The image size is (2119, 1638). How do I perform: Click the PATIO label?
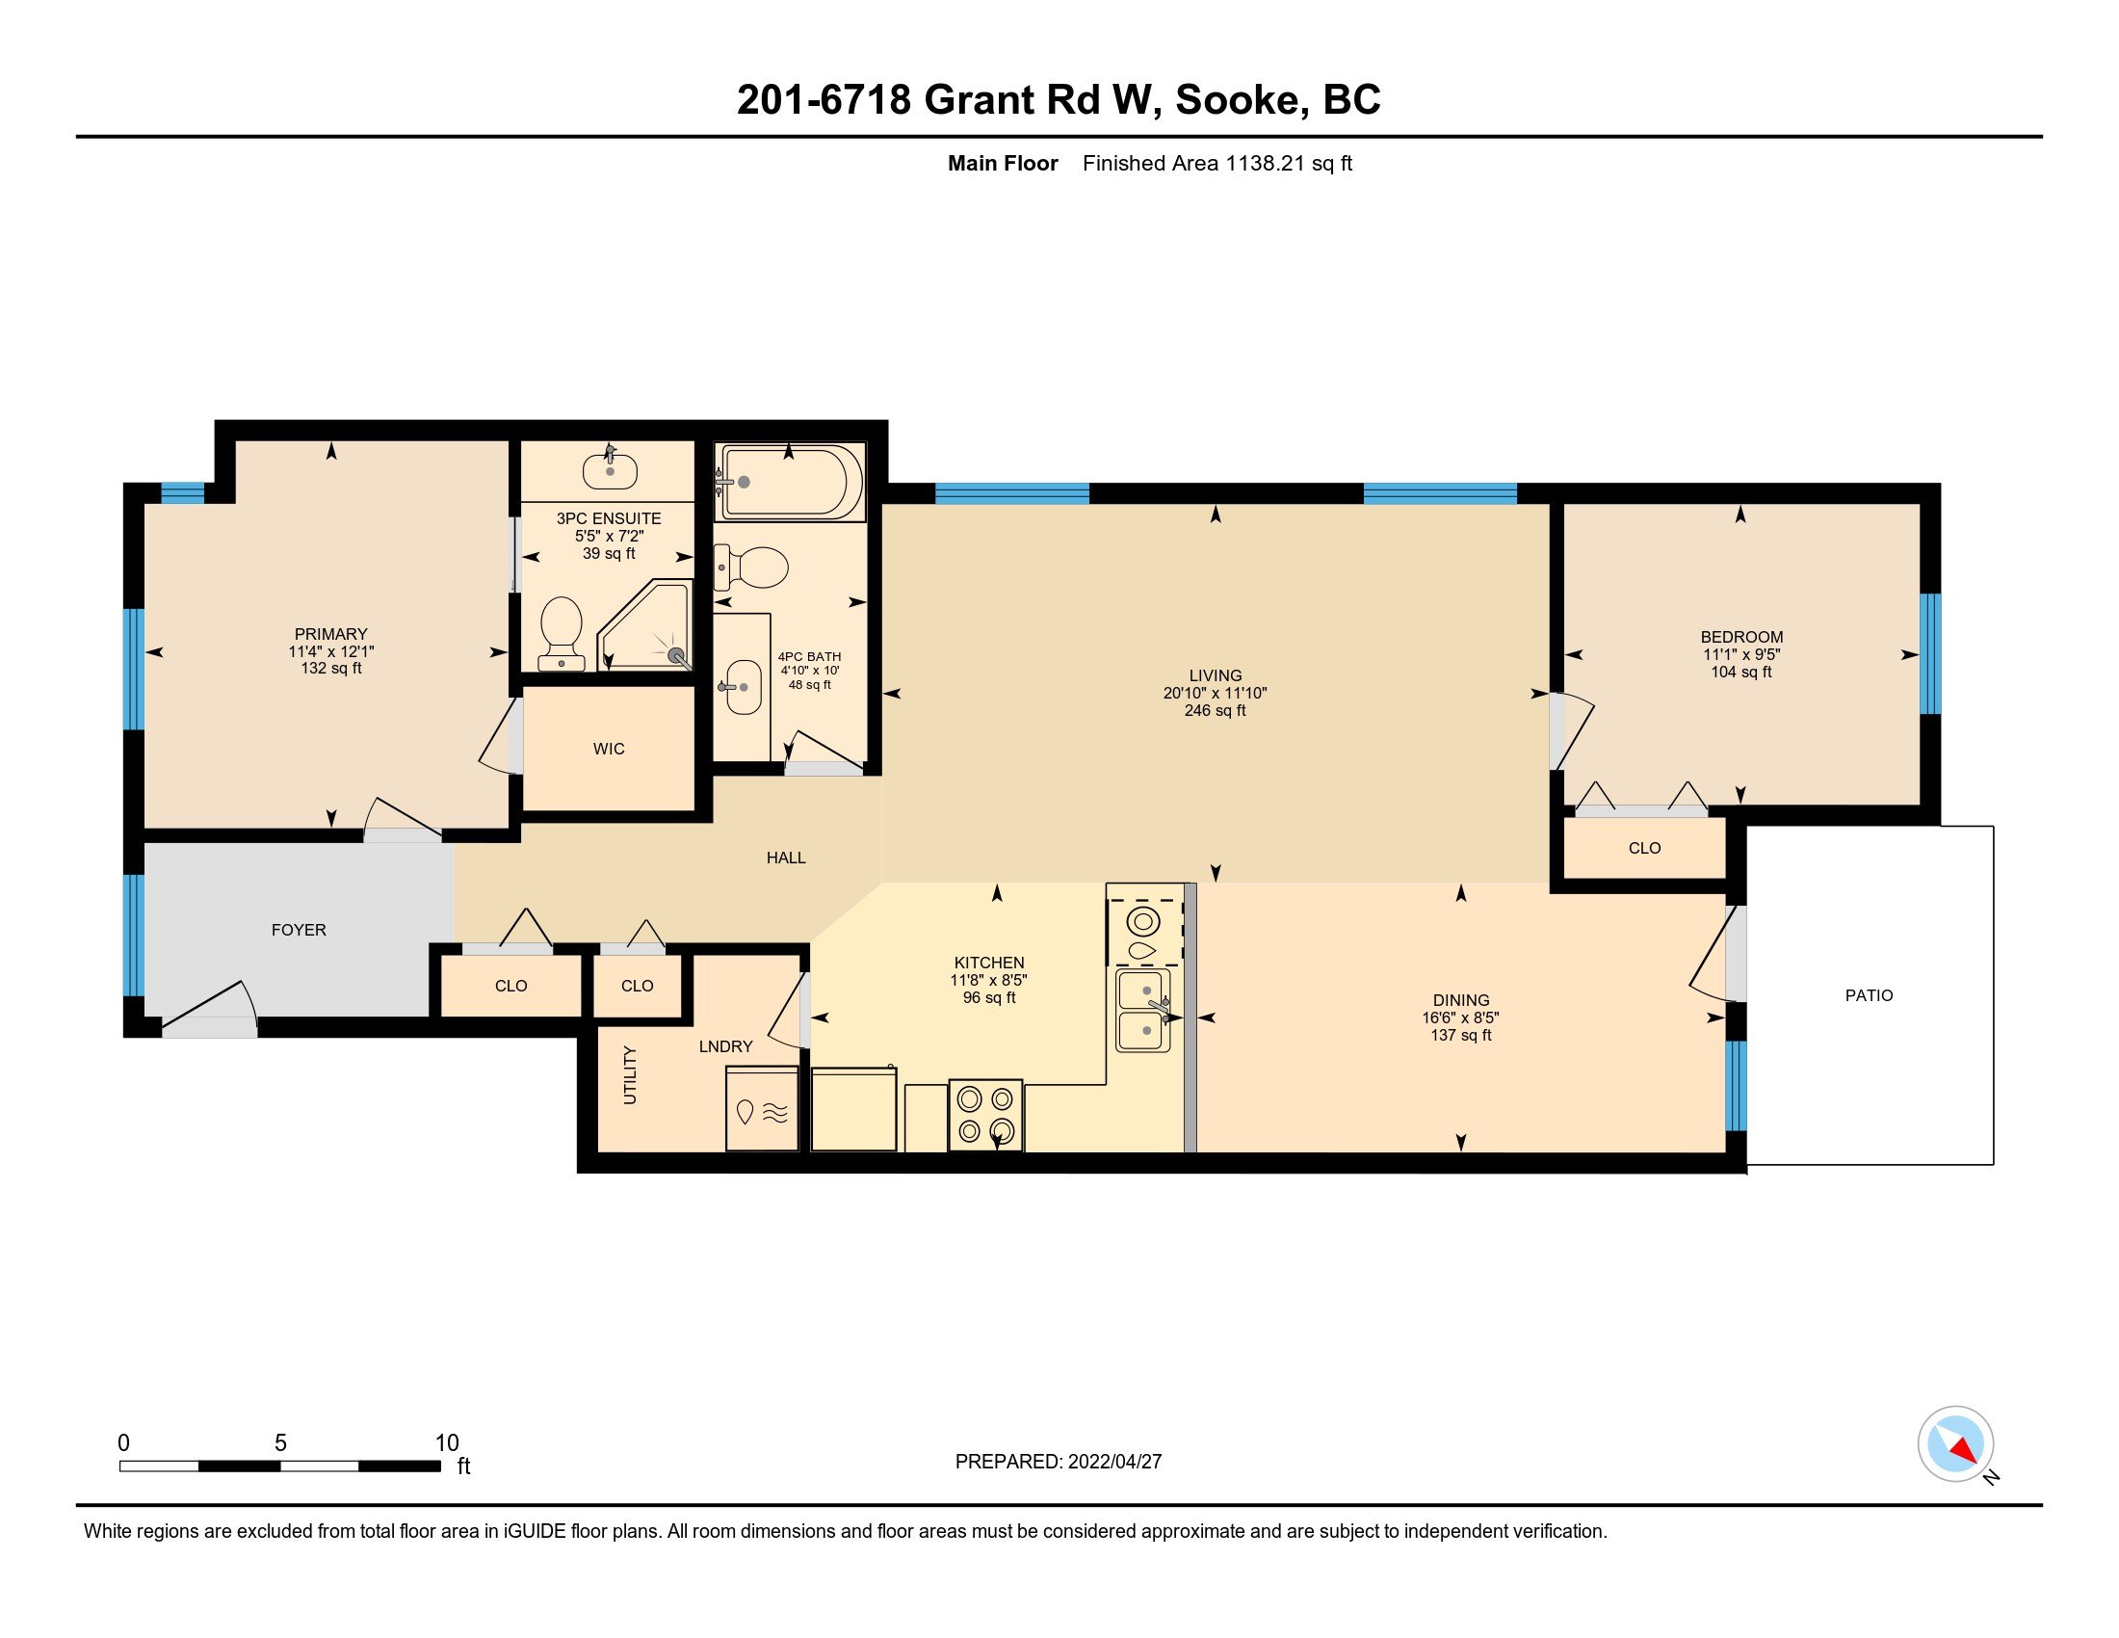tap(1869, 994)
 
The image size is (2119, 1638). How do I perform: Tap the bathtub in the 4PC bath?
tap(789, 483)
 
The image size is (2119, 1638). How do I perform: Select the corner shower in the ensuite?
tap(644, 625)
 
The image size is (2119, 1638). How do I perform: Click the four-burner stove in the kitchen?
tap(985, 1115)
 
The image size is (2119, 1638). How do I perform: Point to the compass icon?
tap(1956, 1444)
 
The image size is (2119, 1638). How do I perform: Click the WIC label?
tap(609, 749)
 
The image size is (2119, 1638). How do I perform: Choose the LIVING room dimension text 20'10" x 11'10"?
tap(1215, 693)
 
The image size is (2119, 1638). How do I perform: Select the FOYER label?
tap(299, 930)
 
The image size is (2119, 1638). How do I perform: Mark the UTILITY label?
tap(630, 1075)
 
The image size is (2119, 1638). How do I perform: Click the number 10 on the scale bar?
tap(446, 1443)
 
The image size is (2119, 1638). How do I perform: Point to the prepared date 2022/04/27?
tap(1113, 1462)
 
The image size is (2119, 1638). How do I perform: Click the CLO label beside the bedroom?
tap(1644, 848)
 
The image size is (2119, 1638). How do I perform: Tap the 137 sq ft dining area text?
tap(1460, 1036)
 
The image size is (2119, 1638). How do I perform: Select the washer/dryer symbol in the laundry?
tap(762, 1110)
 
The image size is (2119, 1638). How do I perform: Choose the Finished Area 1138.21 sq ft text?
tap(1216, 163)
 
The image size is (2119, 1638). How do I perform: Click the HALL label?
tap(786, 858)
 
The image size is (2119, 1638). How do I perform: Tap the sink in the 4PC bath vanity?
tap(744, 687)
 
